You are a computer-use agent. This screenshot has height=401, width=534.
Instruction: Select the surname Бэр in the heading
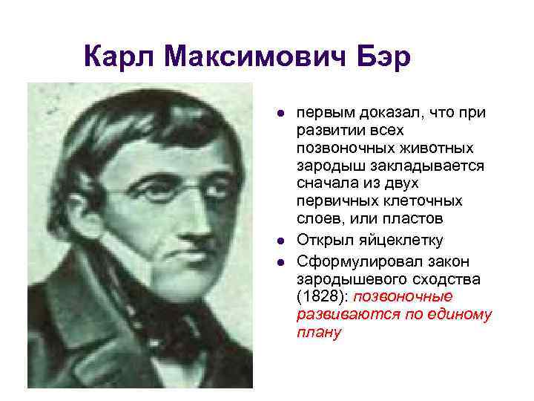click(383, 57)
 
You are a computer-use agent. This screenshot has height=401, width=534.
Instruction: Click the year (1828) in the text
click(320, 297)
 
